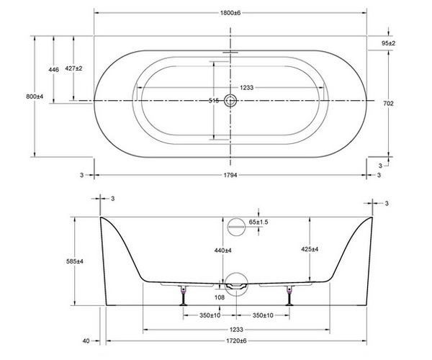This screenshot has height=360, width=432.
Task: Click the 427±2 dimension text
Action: tap(74, 68)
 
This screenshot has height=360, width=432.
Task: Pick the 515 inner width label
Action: tap(213, 102)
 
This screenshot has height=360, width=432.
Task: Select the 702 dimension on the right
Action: tap(387, 104)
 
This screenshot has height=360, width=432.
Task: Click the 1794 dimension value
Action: tap(230, 174)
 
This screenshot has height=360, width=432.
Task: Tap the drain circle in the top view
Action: tap(230, 101)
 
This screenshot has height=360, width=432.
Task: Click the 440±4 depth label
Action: tap(222, 250)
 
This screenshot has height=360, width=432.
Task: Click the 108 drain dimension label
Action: tap(218, 294)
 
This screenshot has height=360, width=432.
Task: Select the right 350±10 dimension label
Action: tap(264, 315)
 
